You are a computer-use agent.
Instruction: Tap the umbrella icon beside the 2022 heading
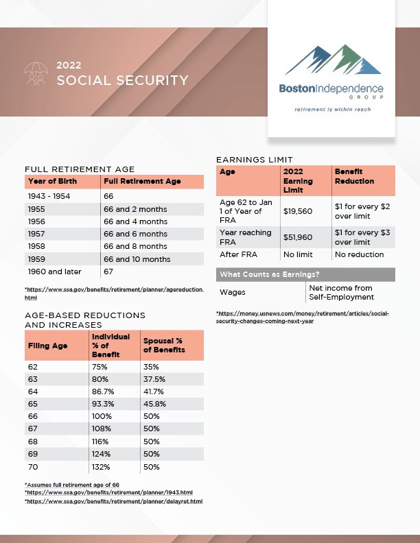coord(36,73)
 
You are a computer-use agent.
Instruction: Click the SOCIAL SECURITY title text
coord(122,81)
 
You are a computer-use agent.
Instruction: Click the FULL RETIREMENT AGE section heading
coord(80,169)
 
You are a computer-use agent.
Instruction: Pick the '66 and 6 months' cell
coord(135,234)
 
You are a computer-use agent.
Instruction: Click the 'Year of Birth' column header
coord(52,182)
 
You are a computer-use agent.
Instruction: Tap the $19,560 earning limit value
coord(298,212)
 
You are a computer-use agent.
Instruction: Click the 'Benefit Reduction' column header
coord(354,176)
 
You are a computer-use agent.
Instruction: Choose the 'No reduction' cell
coord(359,254)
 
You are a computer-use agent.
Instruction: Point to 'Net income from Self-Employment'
coord(342,292)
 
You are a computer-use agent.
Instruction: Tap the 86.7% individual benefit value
coord(103,392)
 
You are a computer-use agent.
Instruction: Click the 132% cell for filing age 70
coord(100,466)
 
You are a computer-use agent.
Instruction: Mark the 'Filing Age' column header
coord(47,346)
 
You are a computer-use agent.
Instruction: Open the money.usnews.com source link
coord(302,317)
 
